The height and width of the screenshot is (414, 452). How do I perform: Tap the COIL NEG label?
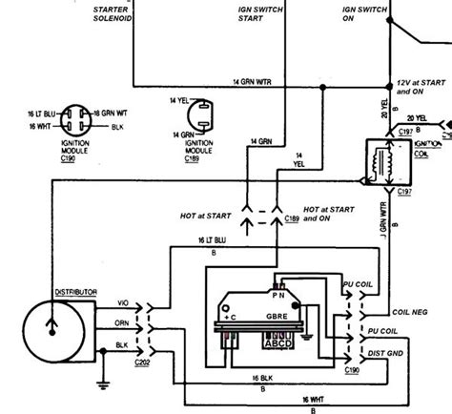coord(412,311)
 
